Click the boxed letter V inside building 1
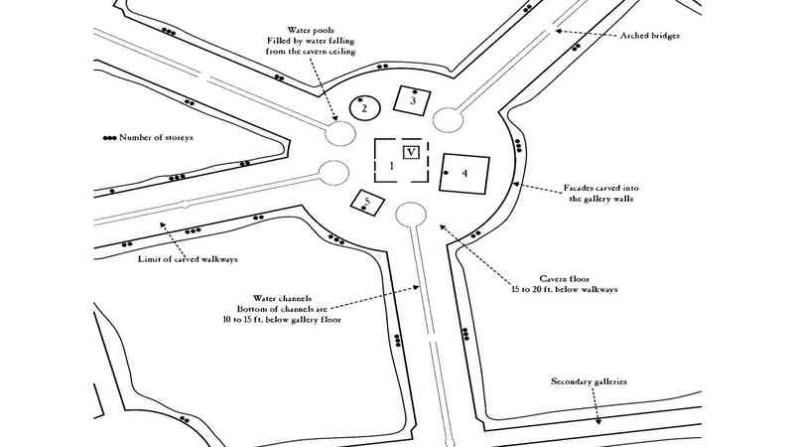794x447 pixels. point(411,152)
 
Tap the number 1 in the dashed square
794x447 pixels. point(391,166)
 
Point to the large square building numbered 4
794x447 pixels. point(465,174)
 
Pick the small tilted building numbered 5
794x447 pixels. point(368,203)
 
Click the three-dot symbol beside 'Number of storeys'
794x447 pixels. point(108,137)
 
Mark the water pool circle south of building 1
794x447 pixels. point(410,214)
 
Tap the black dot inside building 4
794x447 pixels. point(447,174)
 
